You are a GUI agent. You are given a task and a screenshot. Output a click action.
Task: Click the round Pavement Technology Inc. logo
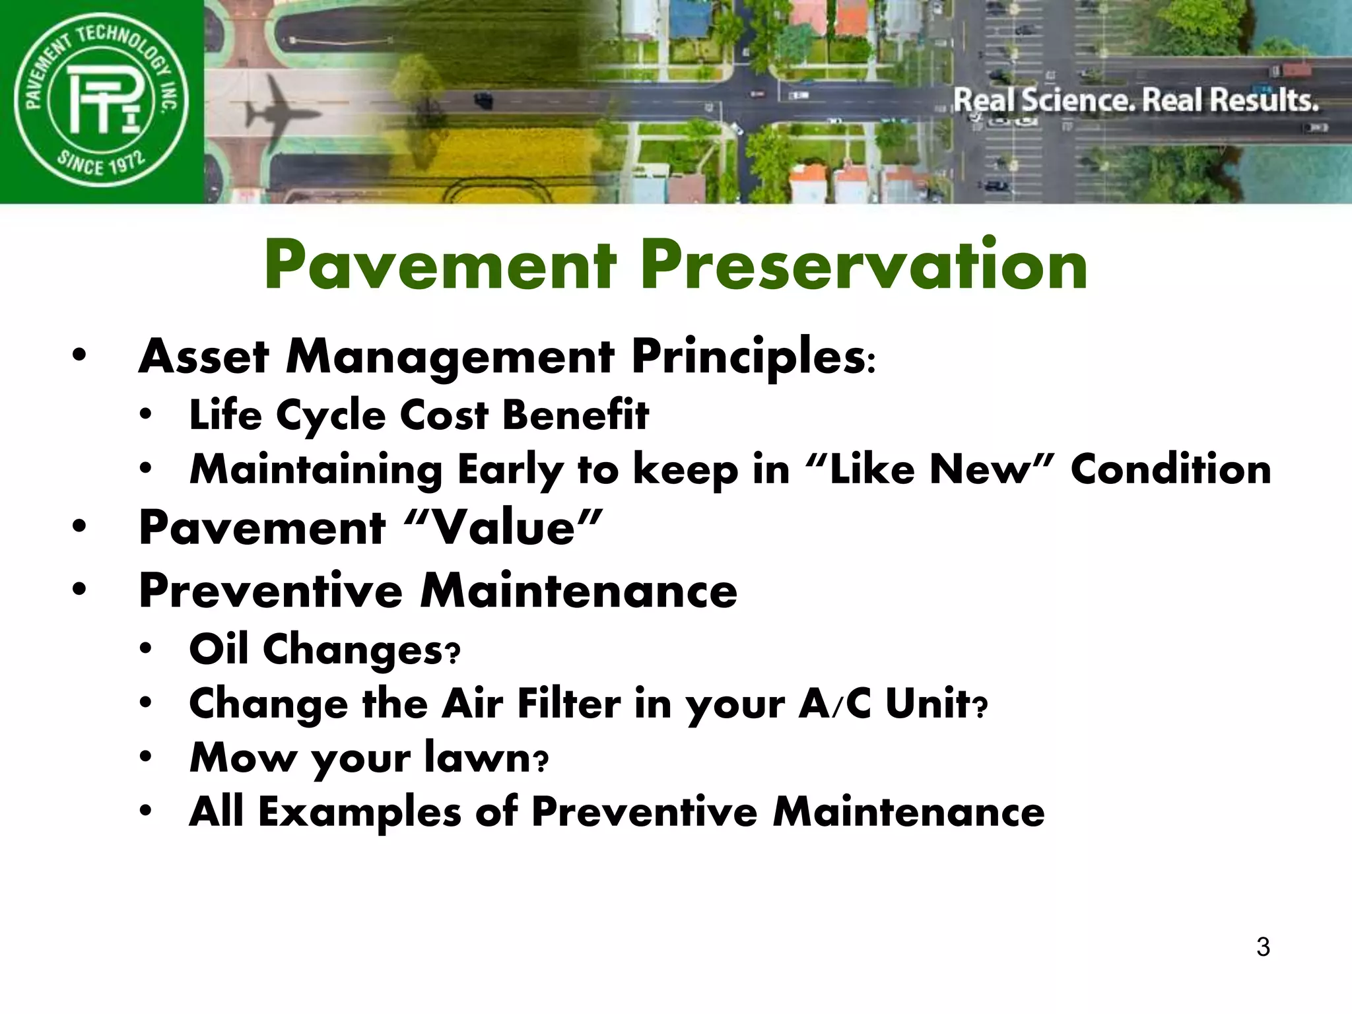[x=101, y=102]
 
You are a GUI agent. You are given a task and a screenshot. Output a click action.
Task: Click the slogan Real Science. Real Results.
[x=1135, y=100]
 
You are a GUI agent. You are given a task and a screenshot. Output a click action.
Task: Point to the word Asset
[x=203, y=357]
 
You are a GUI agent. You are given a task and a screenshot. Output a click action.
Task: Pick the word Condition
[x=1170, y=469]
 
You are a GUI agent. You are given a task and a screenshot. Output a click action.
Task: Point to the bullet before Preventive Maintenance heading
[x=80, y=590]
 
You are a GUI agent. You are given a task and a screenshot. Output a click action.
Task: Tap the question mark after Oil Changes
[x=453, y=654]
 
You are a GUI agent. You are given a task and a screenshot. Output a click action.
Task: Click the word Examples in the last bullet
[x=359, y=811]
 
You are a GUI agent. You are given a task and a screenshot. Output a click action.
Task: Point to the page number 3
[x=1263, y=947]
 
